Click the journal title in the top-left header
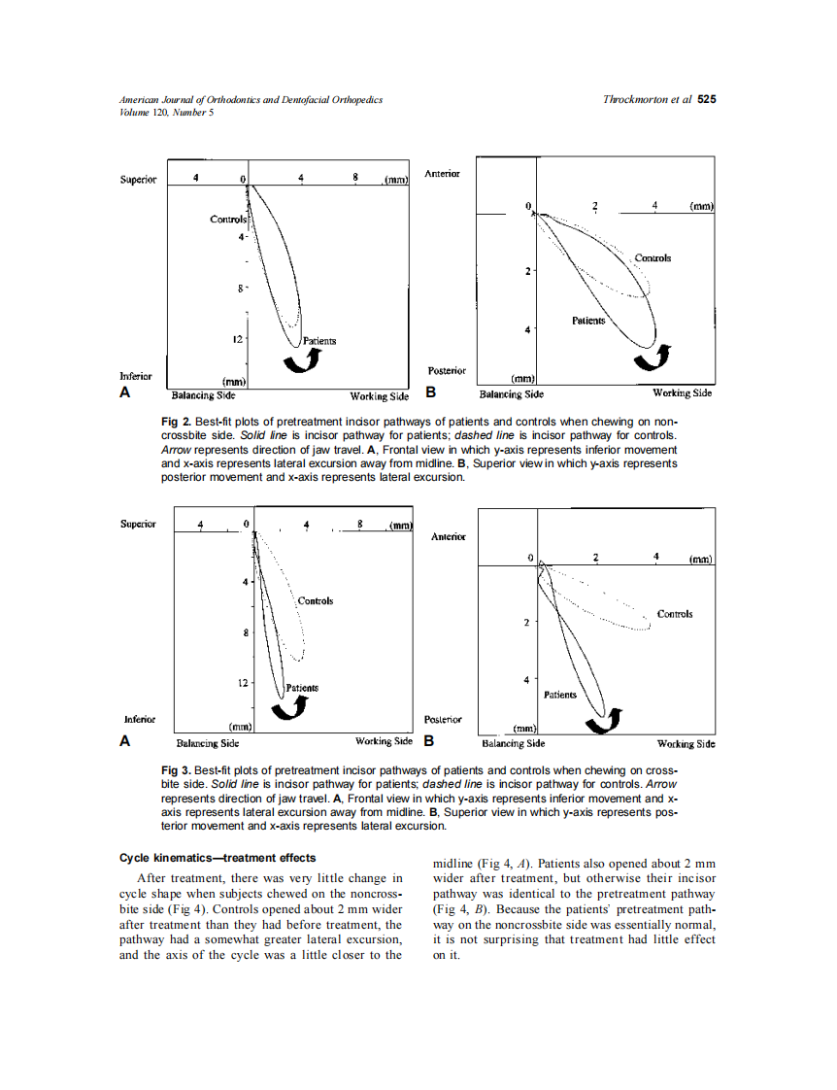pos(250,99)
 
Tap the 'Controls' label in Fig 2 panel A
pos(227,219)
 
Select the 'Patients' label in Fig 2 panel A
pos(319,341)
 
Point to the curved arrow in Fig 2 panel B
pos(651,358)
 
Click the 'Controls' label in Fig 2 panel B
pos(653,257)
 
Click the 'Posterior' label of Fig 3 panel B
pos(445,720)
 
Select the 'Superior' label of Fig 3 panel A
pos(138,524)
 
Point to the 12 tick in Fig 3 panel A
pos(244,683)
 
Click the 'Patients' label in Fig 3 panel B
pos(560,695)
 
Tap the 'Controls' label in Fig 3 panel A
pos(316,601)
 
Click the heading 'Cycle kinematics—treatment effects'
pos(218,858)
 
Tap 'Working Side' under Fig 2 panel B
pos(682,393)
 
